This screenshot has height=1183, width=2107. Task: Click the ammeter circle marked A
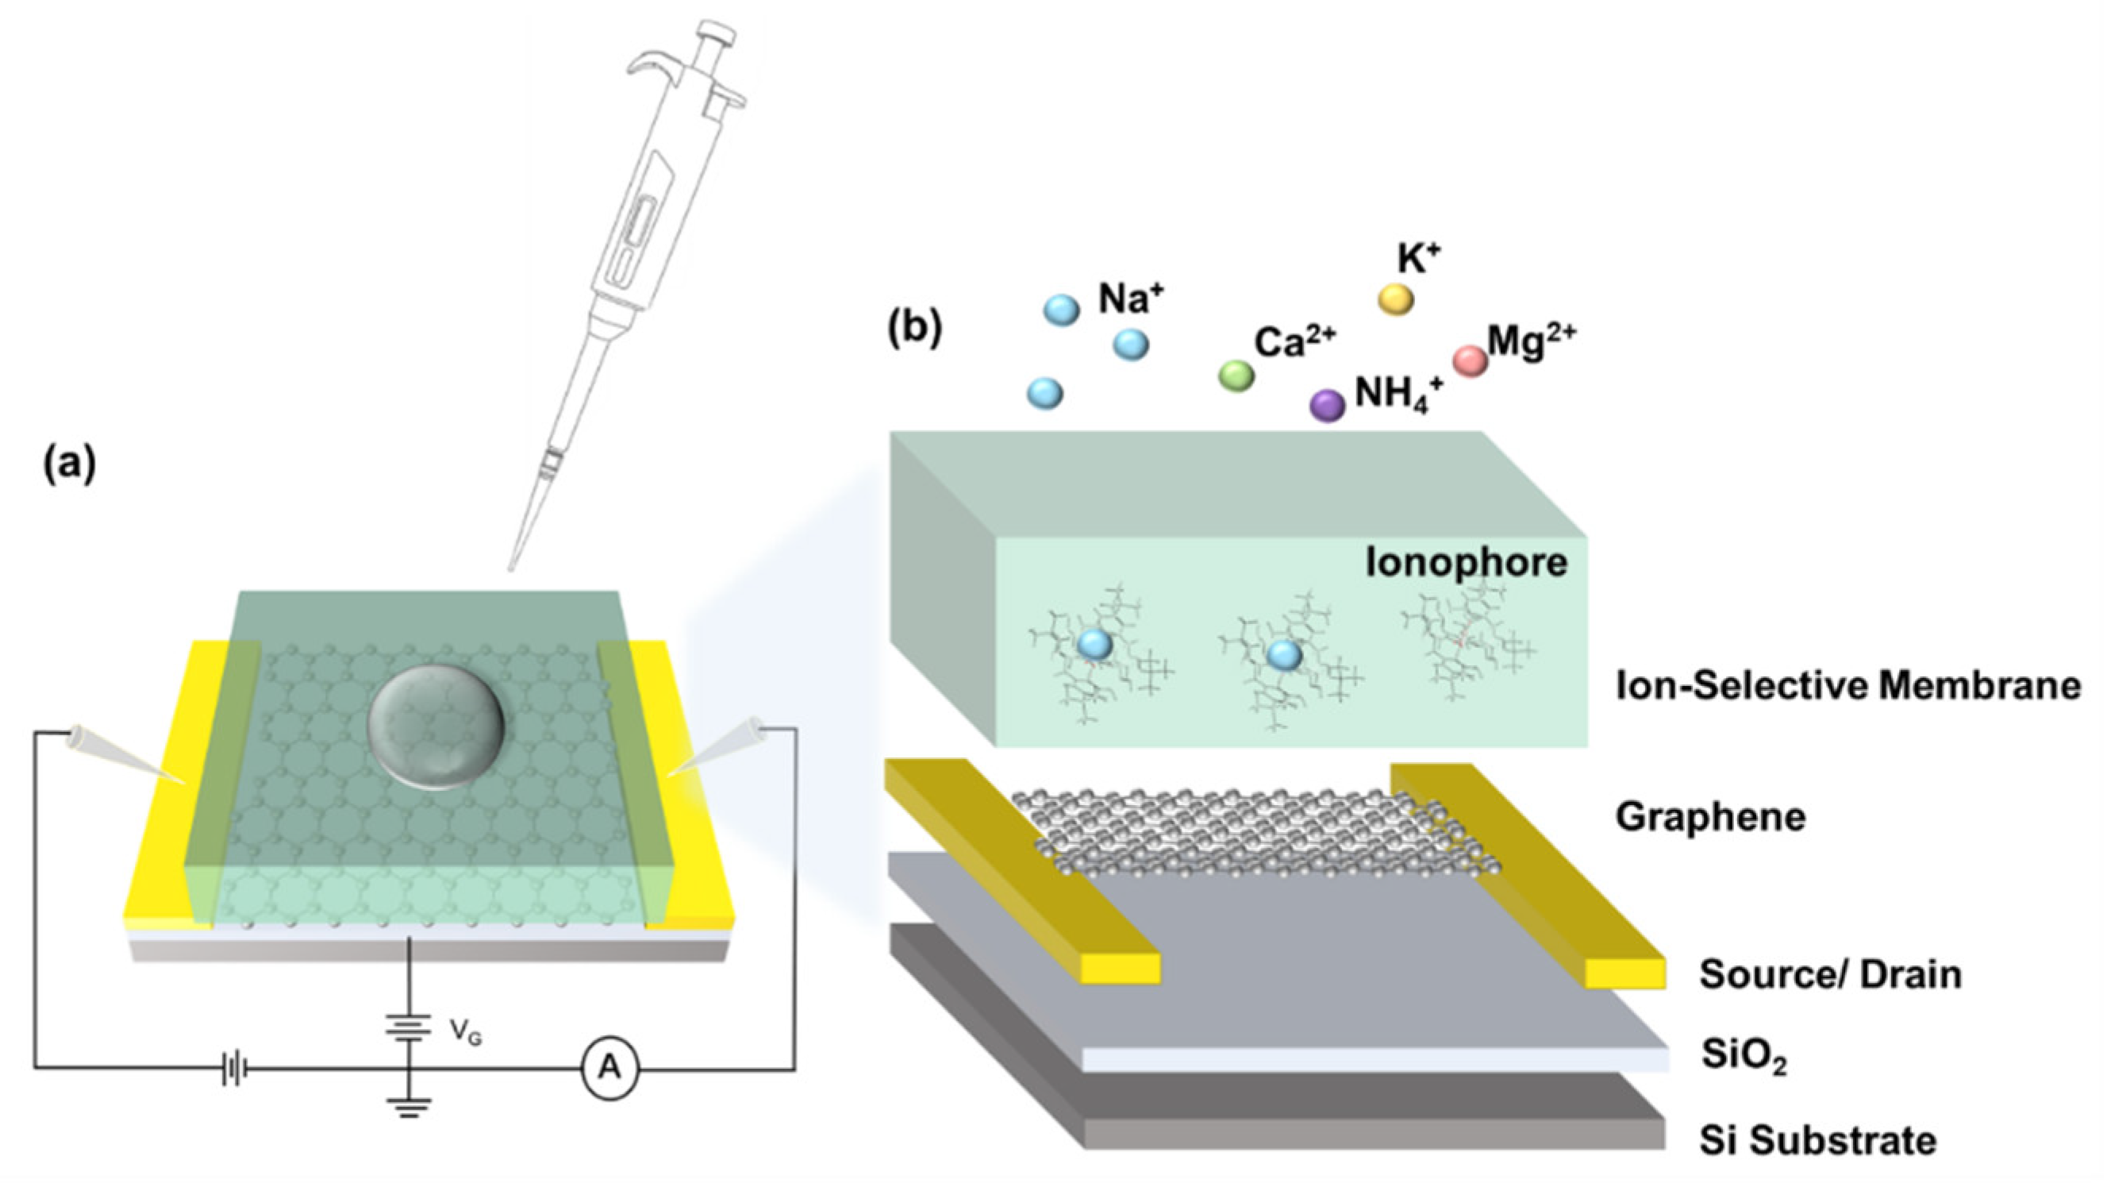(609, 1069)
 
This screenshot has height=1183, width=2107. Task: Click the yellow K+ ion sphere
(1395, 299)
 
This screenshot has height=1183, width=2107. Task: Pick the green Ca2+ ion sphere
(1236, 376)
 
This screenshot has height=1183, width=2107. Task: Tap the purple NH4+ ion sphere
(1328, 405)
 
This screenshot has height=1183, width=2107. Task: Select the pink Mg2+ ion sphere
(1470, 360)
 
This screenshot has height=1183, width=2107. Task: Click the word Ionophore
(1466, 563)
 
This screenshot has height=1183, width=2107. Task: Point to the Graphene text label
(1710, 816)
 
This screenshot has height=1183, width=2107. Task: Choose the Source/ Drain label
(1831, 974)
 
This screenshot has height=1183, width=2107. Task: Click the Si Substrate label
(1817, 1139)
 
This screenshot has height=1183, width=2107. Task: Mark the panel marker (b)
(914, 327)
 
